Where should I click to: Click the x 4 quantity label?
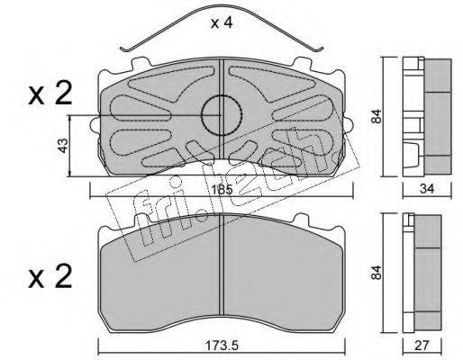pyautogui.click(x=222, y=22)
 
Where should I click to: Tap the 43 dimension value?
pyautogui.click(x=63, y=146)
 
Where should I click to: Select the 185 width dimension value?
pyautogui.click(x=222, y=190)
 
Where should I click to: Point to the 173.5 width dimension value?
pyautogui.click(x=222, y=346)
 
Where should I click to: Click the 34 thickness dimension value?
pyautogui.click(x=427, y=189)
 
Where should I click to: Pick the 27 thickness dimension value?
pyautogui.click(x=422, y=346)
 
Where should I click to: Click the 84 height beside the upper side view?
pyautogui.click(x=376, y=116)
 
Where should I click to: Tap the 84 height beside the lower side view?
pyautogui.click(x=376, y=273)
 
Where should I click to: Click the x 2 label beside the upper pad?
pyautogui.click(x=50, y=94)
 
